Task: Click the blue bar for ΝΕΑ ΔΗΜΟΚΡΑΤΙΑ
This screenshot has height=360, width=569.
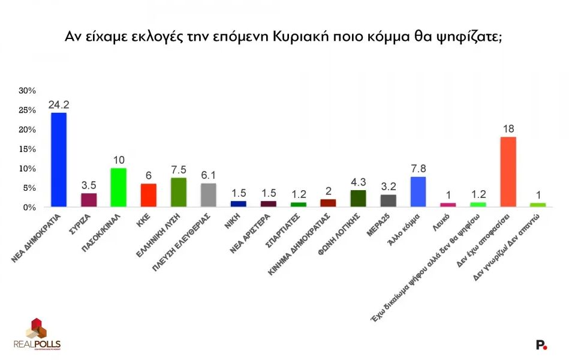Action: [x=58, y=160]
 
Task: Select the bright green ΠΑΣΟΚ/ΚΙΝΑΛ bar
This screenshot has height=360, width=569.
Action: [x=118, y=187]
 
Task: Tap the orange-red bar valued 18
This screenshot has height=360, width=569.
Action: [x=508, y=172]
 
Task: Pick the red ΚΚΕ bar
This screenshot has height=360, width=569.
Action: [x=148, y=195]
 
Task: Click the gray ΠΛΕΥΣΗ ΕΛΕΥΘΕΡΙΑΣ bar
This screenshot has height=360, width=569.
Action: [x=208, y=195]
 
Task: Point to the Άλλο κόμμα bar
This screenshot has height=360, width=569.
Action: [x=418, y=191]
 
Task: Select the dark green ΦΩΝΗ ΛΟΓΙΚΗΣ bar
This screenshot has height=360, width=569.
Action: [x=358, y=199]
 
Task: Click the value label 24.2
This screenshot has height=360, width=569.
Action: [x=58, y=104]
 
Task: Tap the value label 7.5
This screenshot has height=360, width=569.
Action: [x=178, y=170]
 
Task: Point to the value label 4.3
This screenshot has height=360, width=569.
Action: [x=358, y=182]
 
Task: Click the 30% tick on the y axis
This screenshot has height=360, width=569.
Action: [x=28, y=91]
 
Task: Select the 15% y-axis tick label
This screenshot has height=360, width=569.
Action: [x=28, y=149]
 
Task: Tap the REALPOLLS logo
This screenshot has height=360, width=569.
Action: [x=37, y=334]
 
